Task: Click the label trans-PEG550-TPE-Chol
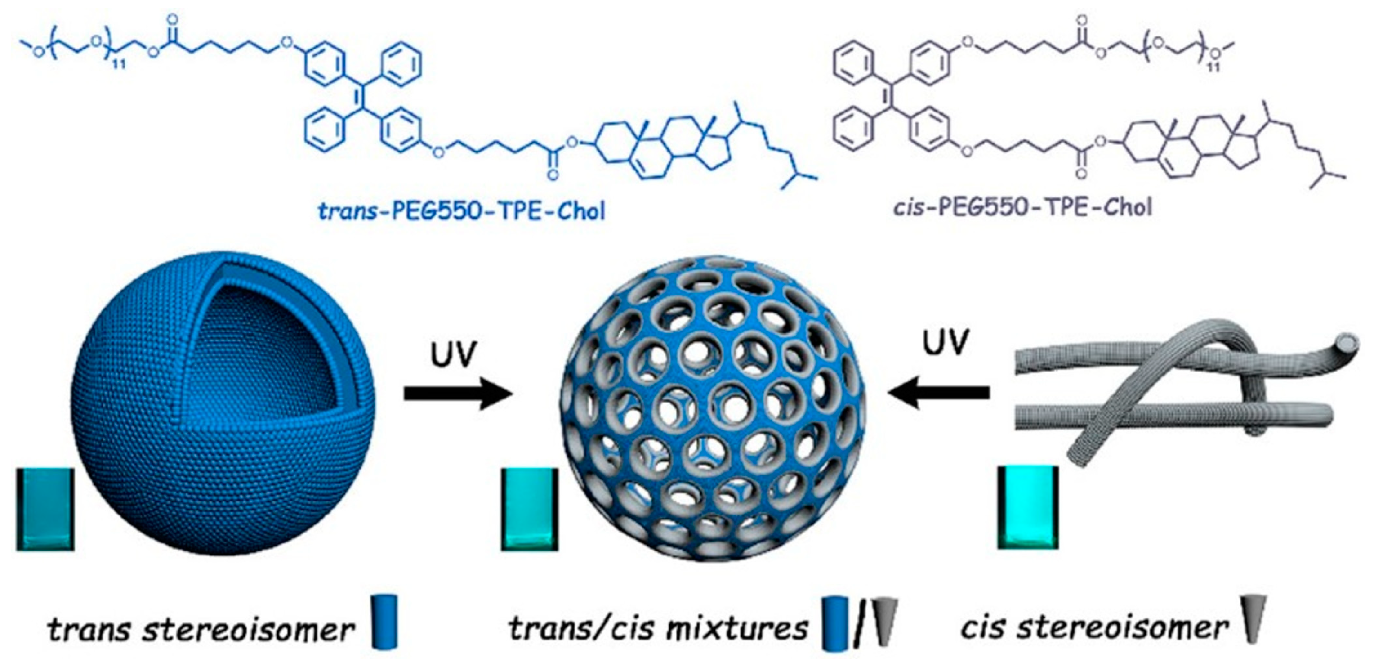(x=461, y=212)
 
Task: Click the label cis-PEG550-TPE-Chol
(x=1022, y=207)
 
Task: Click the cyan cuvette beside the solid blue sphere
(x=45, y=509)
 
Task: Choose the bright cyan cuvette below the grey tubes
(x=1028, y=506)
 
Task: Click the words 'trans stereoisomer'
(x=201, y=630)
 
